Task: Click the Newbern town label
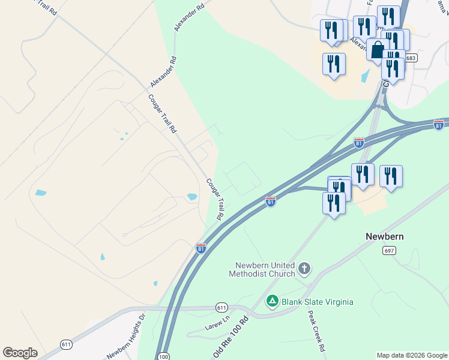384,236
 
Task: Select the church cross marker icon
304,268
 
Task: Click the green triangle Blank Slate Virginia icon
272,301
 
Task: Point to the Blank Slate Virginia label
318,301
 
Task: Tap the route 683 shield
411,58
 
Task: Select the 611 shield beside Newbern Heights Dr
66,344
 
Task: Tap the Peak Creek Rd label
316,331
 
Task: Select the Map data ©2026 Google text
411,355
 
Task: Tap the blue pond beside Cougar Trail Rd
192,196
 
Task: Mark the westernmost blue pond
40,193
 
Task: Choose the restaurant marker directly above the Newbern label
391,176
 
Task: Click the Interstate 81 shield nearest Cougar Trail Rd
201,248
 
